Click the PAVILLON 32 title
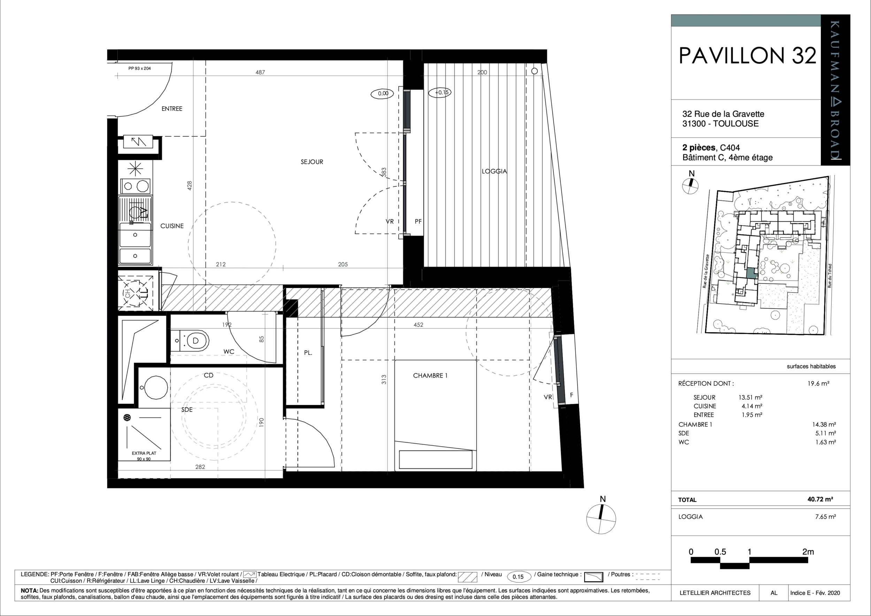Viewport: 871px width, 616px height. click(747, 55)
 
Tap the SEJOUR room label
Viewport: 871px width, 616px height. click(312, 162)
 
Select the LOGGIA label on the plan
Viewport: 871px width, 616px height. click(494, 171)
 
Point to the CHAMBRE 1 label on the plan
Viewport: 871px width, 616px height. click(430, 375)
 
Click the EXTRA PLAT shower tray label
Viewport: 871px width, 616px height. click(144, 453)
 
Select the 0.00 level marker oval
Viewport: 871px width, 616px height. click(383, 93)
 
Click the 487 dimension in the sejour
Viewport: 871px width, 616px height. click(260, 72)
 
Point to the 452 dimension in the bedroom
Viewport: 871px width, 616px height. click(418, 325)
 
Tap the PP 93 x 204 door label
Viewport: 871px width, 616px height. click(140, 68)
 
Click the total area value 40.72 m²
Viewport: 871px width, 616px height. click(820, 499)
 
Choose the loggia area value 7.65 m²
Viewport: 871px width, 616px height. click(825, 516)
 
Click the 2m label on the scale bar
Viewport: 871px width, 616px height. click(808, 552)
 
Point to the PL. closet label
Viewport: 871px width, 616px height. click(308, 352)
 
